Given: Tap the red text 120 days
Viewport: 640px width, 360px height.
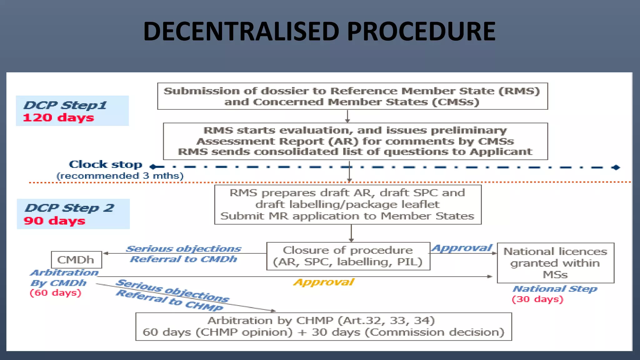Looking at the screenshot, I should point(58,118).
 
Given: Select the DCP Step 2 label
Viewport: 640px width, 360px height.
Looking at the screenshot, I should point(69,208).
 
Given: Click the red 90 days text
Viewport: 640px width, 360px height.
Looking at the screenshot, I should point(54,221).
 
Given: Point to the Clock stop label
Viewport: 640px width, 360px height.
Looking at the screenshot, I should point(105,164).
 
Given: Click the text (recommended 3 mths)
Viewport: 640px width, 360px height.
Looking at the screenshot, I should point(120,176).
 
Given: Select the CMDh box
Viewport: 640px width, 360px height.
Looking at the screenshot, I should point(76,260).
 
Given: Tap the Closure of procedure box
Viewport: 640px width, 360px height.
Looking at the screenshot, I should point(348,256).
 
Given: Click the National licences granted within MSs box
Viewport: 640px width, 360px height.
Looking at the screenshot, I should point(555,263).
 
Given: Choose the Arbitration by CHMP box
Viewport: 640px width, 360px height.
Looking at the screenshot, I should point(323,326).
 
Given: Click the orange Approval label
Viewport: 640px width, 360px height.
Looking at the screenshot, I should point(324,282).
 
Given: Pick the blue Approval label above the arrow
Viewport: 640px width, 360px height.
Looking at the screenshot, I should point(462,248).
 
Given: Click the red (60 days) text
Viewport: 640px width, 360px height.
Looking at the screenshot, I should point(55,293).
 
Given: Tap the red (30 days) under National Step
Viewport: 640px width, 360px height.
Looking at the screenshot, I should point(537,299).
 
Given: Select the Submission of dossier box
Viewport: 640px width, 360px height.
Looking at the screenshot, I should point(352,96).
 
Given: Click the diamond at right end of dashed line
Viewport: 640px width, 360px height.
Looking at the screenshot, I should point(616,167).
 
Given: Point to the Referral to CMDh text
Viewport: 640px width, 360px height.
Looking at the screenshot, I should point(183,259).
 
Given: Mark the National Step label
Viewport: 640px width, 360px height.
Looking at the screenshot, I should point(555,289).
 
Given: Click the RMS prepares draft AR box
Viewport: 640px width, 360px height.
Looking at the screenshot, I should point(347,204).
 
